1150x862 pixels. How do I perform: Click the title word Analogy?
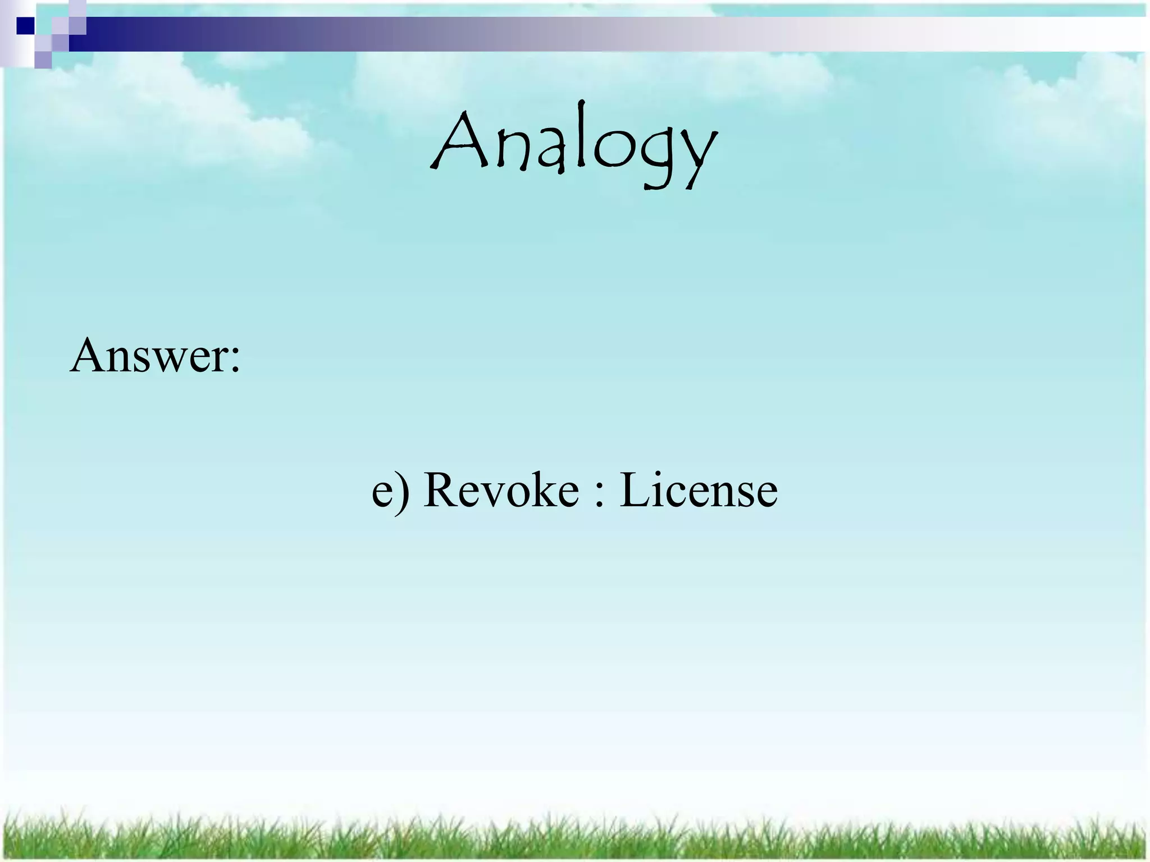(x=574, y=145)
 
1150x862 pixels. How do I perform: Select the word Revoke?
(x=501, y=489)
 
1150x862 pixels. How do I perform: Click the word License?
(x=699, y=489)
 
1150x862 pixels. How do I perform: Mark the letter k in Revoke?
(x=537, y=489)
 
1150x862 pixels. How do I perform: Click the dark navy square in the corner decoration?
(x=25, y=25)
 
